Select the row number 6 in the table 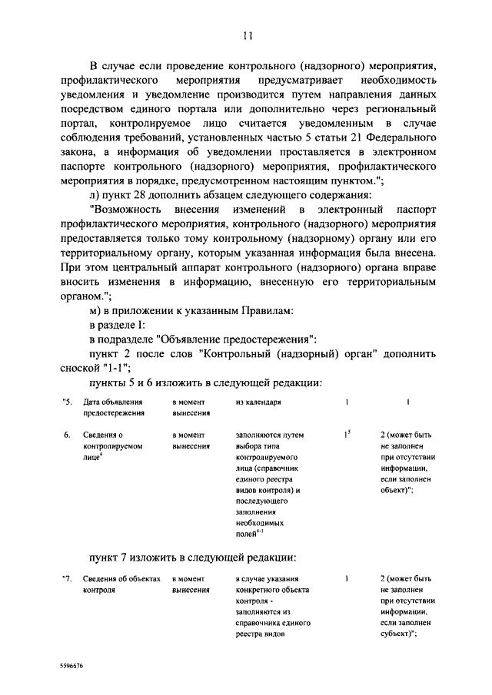click(x=67, y=435)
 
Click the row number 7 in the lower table click(x=67, y=579)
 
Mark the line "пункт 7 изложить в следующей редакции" click(x=192, y=557)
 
